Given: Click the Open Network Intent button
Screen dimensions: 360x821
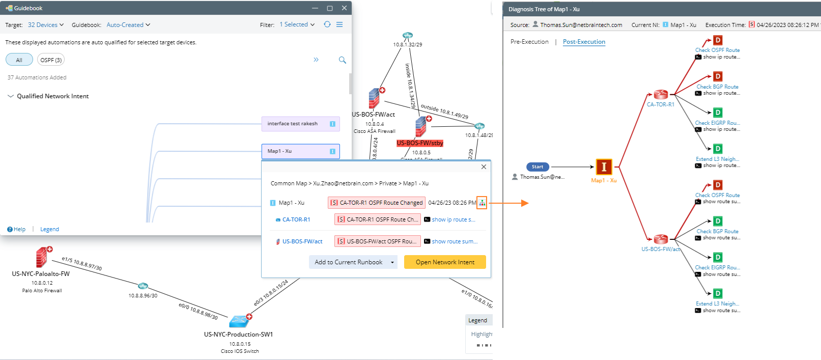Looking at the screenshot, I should point(445,262).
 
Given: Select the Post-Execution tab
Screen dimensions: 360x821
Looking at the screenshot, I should point(584,42).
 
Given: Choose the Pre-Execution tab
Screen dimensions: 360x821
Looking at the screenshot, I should point(529,42).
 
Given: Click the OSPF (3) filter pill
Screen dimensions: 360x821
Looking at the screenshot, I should point(51,60).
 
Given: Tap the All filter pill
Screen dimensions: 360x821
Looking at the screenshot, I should point(19,60).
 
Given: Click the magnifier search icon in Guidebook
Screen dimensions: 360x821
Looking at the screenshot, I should point(343,60).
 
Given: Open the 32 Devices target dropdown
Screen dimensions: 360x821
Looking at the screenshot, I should point(46,25).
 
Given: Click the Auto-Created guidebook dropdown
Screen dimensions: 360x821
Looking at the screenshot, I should point(128,25).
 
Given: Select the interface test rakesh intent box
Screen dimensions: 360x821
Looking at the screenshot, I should point(300,124).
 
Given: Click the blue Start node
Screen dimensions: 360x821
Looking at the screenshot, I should point(537,167).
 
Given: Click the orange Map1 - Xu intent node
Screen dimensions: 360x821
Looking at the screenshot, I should point(604,167).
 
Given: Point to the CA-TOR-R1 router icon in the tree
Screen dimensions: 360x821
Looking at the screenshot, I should point(661,95).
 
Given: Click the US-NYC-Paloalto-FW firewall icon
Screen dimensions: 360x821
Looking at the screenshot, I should point(42,258).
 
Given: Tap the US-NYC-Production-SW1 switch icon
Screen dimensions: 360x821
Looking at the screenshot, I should point(238,321).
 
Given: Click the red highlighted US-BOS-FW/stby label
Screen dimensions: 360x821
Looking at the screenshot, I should point(420,143).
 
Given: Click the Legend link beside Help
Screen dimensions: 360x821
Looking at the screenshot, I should point(49,229).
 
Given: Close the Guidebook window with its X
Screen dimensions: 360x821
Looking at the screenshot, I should point(345,8).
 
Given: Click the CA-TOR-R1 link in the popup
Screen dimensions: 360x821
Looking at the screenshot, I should point(296,219).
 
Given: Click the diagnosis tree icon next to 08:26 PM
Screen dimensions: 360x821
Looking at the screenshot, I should point(482,203).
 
